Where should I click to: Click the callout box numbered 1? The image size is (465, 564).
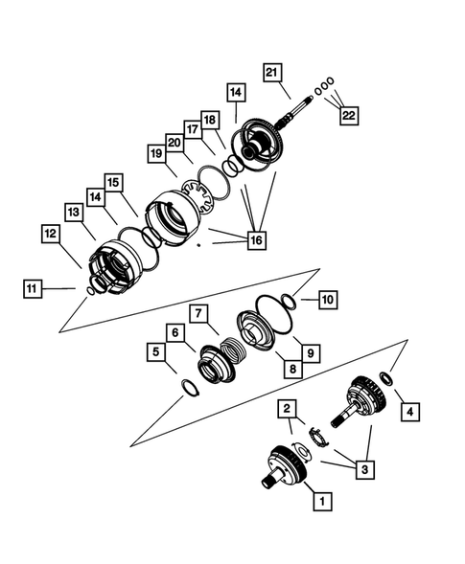point(322,499)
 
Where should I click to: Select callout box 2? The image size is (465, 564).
point(286,409)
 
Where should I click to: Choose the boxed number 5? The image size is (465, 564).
point(155,351)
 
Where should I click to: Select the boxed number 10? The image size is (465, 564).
point(327,300)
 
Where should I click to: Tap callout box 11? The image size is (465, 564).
point(34,286)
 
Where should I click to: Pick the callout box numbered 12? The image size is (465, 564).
point(49,232)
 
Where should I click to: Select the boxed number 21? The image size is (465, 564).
point(272,73)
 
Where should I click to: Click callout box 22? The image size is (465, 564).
point(348,115)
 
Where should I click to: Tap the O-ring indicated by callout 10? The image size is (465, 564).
point(285,304)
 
